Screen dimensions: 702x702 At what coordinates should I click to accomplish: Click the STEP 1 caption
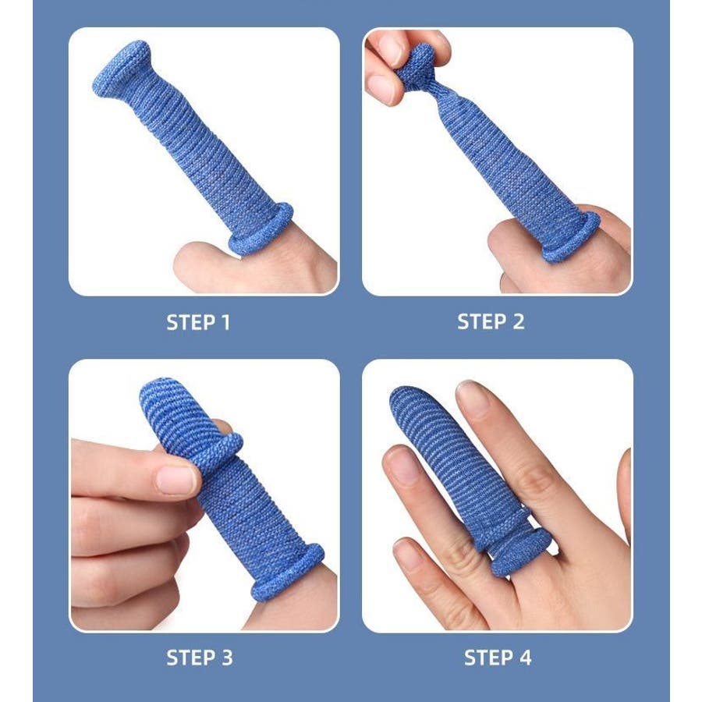click(198, 322)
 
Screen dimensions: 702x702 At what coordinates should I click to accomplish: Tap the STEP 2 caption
click(491, 322)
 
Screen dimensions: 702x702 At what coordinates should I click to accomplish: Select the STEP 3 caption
click(200, 658)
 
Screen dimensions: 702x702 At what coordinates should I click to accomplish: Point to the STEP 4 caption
click(498, 658)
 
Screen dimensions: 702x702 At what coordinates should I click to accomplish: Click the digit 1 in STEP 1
click(225, 322)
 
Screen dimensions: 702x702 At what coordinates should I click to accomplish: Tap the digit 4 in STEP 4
click(525, 658)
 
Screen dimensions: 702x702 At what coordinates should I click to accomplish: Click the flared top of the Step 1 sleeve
click(121, 67)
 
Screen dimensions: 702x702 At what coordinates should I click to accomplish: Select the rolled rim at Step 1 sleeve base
click(262, 229)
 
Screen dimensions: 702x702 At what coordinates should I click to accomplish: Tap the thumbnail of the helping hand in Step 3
click(175, 480)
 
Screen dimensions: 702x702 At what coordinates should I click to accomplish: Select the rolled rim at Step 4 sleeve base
click(519, 552)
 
